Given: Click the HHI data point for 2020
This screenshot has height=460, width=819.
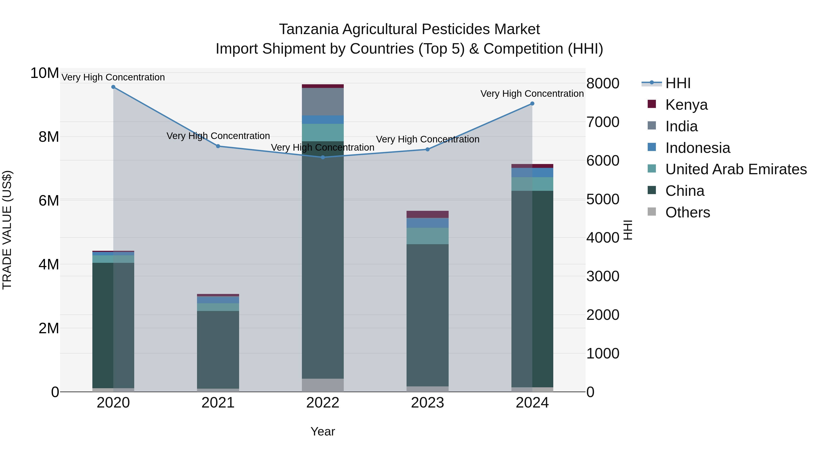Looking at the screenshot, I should click(x=113, y=87).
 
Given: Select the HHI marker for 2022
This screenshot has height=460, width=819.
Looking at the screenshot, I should click(x=323, y=157).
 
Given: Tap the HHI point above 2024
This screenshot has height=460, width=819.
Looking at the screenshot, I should click(x=532, y=104).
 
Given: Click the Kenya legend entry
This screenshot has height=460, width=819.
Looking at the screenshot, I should click(x=686, y=105).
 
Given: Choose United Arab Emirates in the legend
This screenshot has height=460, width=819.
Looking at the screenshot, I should click(x=736, y=169).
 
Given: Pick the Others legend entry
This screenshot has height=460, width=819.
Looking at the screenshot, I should click(x=687, y=212).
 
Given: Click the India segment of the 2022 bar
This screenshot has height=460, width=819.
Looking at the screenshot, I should click(x=323, y=102).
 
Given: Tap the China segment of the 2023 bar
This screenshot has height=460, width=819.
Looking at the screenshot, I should click(x=427, y=314).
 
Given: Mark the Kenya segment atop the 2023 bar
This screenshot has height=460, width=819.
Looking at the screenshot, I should click(x=427, y=214).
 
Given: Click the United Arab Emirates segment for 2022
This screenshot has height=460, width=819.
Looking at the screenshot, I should click(x=323, y=132).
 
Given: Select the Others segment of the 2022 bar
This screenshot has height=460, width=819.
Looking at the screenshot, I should click(x=323, y=385).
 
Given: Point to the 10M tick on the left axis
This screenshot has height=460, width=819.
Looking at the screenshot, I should click(x=45, y=73).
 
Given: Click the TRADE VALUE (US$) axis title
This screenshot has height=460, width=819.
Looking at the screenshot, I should click(x=7, y=230).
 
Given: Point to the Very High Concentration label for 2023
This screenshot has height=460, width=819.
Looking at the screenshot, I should click(x=428, y=139).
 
